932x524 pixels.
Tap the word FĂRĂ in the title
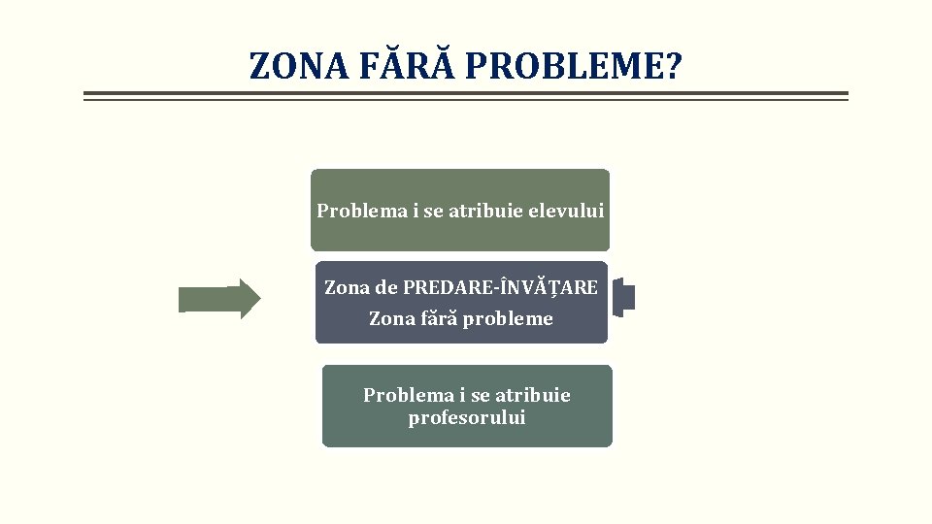pyautogui.click(x=408, y=66)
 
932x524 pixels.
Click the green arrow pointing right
pyautogui.click(x=219, y=299)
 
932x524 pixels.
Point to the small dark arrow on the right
pyautogui.click(x=624, y=298)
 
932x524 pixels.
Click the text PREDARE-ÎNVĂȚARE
pyautogui.click(x=501, y=287)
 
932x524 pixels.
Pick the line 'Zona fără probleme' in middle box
pyautogui.click(x=461, y=318)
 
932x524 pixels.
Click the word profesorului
pyautogui.click(x=467, y=418)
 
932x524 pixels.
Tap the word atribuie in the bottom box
pyautogui.click(x=532, y=395)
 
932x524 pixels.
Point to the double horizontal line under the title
pyautogui.click(x=466, y=96)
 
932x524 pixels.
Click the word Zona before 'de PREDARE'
pyautogui.click(x=348, y=287)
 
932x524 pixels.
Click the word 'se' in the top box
pyautogui.click(x=433, y=210)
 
